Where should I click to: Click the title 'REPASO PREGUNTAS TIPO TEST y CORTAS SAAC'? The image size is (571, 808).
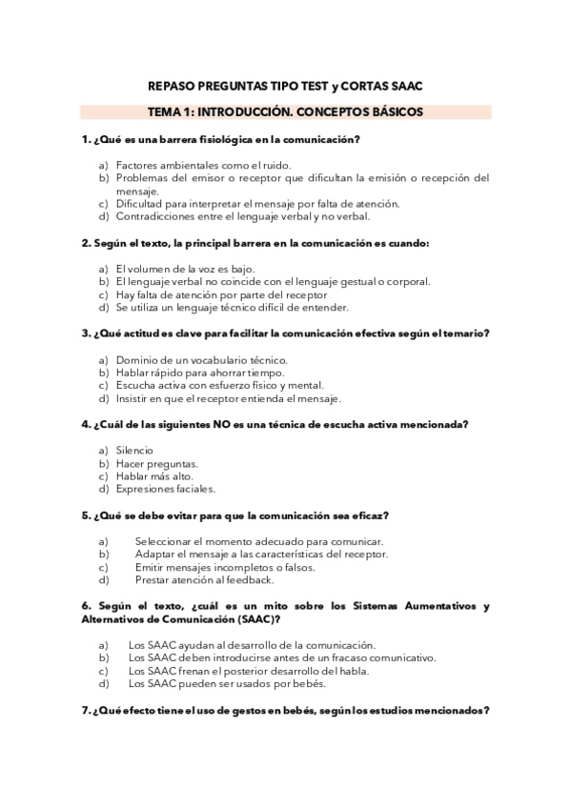[286, 86]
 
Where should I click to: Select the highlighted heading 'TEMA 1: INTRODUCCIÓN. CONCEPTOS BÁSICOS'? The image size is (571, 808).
[286, 112]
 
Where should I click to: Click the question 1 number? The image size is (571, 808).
[86, 139]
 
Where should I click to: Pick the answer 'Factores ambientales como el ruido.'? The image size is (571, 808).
[190, 165]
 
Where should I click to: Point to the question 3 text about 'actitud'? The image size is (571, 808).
[286, 333]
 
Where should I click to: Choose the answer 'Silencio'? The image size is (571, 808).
[134, 450]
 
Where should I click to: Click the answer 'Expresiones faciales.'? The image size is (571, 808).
[165, 489]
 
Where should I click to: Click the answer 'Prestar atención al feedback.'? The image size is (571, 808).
[204, 579]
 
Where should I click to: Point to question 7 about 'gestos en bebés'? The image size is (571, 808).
[286, 710]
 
